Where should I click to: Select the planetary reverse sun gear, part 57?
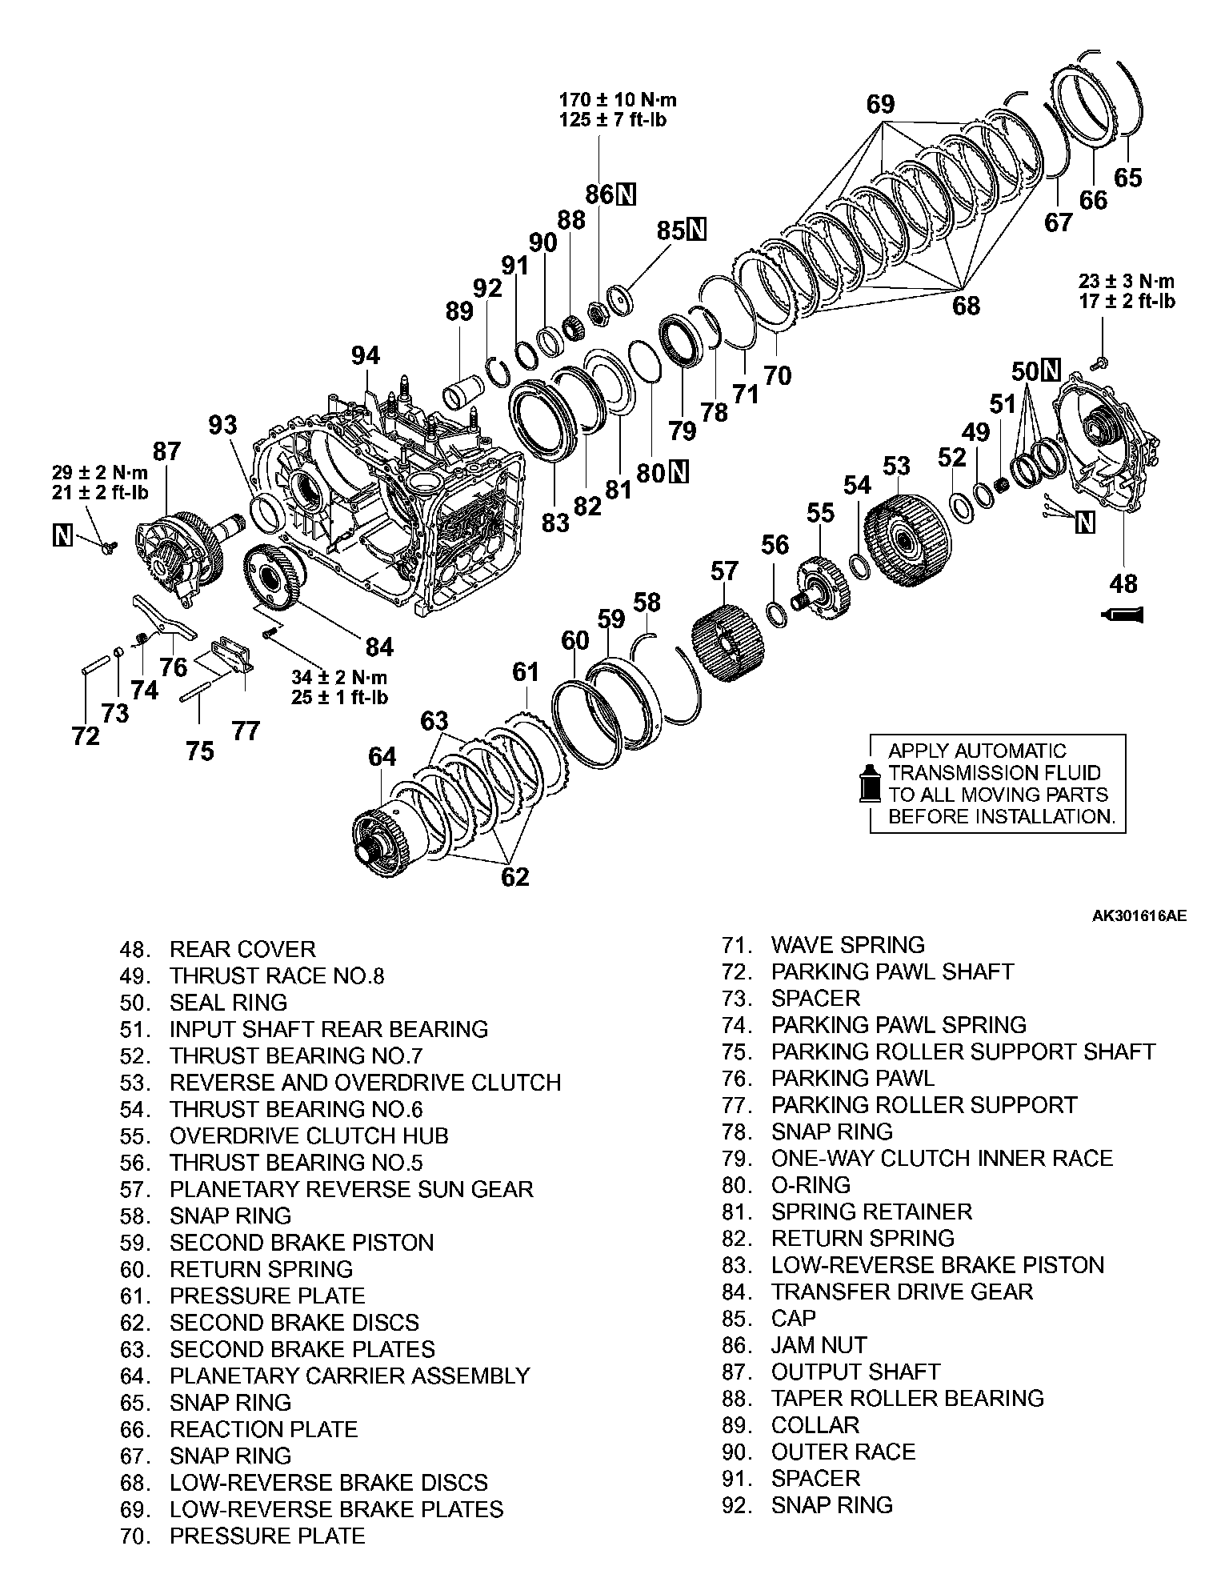coord(726,643)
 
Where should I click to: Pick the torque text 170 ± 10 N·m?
coord(618,100)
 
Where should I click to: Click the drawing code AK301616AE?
coord(1139,915)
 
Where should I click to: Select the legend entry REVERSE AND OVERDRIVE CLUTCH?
coord(365,1083)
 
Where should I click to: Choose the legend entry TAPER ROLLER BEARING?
coord(907,1398)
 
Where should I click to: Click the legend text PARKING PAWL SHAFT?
coord(892,971)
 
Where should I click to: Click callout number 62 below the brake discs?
coord(514,876)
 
